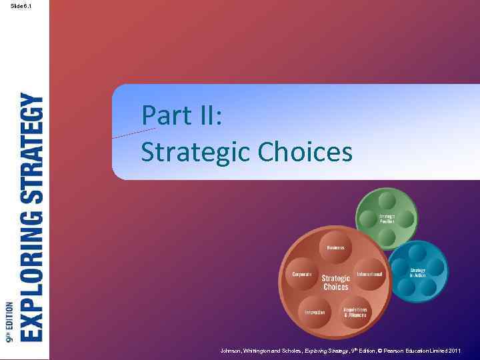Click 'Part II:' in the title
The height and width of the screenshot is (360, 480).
181,116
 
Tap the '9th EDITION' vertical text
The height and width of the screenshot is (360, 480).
9,322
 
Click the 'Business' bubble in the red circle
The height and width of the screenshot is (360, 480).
335,247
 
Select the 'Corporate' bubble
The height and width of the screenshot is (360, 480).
302,274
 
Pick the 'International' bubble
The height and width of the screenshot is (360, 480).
369,274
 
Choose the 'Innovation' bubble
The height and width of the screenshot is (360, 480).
315,312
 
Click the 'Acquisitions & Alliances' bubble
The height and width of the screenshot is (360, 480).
355,312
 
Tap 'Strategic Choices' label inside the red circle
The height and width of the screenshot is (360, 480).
335,282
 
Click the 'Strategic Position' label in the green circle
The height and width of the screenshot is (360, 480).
387,218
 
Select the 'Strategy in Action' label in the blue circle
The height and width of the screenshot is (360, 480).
417,273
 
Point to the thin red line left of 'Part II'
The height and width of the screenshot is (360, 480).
133,133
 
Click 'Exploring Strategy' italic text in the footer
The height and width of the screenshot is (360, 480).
326,351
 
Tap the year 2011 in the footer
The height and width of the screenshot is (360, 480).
455,351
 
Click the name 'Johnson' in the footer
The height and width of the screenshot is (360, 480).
232,351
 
